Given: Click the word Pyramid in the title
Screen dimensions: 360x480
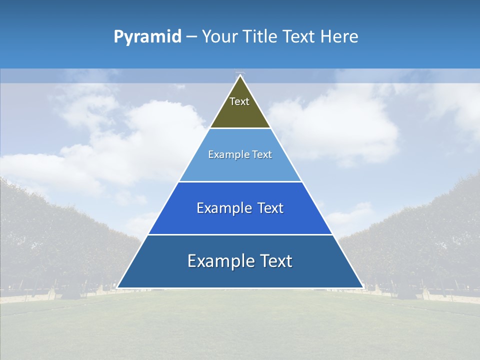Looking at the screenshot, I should pos(147,37).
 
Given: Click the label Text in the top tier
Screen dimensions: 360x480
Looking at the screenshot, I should pos(239,101).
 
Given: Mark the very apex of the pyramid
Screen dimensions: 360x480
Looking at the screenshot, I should pos(240,75).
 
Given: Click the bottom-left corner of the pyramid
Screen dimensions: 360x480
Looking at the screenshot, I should pos(117,287).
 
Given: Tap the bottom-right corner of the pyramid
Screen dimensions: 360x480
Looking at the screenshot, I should pos(363,287).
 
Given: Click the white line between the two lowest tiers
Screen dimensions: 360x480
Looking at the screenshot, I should pos(240,234).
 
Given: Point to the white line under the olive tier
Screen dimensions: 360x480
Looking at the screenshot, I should pos(240,128).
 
